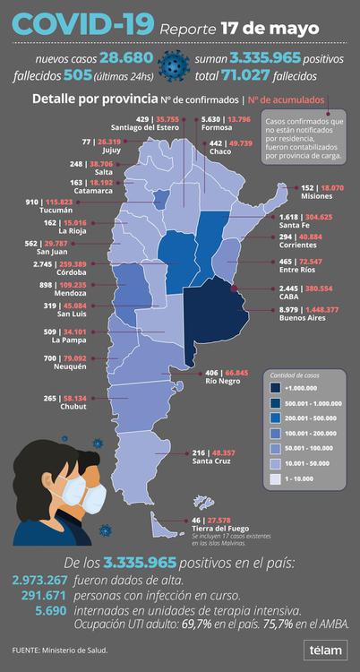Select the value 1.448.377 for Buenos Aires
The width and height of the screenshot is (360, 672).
(x=321, y=309)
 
